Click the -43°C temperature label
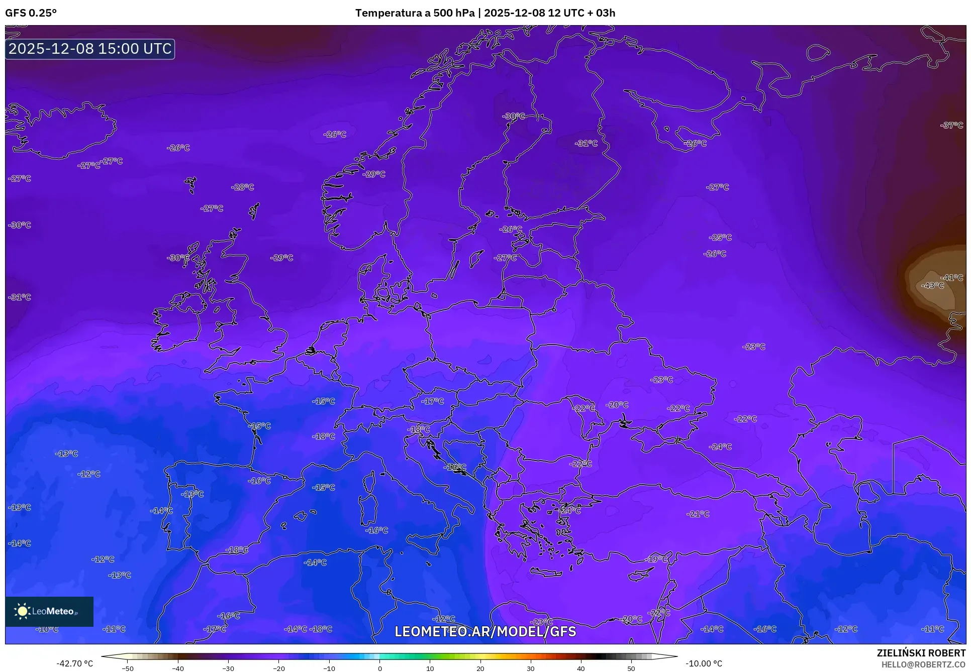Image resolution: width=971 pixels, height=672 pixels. click(932, 286)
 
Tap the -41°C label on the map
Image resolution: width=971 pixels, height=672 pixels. click(952, 278)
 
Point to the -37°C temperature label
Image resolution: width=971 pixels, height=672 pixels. click(952, 126)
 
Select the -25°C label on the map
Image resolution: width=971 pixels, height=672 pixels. click(720, 238)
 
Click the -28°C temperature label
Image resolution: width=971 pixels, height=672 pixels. click(243, 187)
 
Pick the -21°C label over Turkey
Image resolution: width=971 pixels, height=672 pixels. click(698, 514)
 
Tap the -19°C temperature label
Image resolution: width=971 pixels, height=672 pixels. click(657, 559)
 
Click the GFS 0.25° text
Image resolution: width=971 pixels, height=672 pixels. click(31, 13)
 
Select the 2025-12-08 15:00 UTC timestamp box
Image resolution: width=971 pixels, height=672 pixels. click(90, 49)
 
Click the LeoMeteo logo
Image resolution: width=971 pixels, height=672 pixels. click(49, 611)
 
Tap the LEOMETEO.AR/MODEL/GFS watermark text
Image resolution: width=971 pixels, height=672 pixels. click(485, 631)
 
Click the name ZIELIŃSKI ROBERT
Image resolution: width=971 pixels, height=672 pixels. click(921, 653)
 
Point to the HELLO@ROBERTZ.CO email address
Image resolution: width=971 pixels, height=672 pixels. click(923, 664)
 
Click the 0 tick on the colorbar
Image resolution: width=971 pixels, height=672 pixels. click(379, 668)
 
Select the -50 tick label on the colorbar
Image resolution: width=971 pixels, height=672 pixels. click(128, 668)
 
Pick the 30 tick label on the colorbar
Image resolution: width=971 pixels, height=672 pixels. click(531, 668)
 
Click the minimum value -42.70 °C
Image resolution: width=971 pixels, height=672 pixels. click(75, 663)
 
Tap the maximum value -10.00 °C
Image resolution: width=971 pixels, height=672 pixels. click(704, 663)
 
